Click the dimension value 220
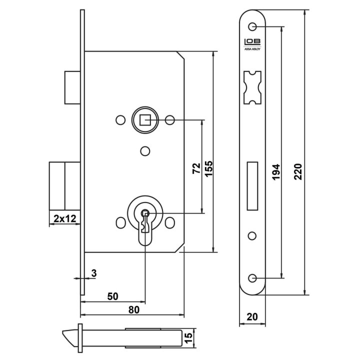(x=298, y=171)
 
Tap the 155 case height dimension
(x=209, y=169)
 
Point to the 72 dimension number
(x=196, y=168)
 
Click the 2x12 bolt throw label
(x=64, y=218)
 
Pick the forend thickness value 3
(x=94, y=273)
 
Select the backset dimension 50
(x=112, y=296)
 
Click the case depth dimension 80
(x=134, y=309)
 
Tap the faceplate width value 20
(x=252, y=317)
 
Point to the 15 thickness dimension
(x=188, y=338)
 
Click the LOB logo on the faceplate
(x=252, y=42)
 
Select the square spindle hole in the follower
(x=145, y=120)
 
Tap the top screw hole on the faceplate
(x=252, y=26)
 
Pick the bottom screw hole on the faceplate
(x=252, y=278)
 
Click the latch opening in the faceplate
(x=252, y=87)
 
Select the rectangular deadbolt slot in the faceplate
(x=252, y=186)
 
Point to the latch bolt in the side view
(x=72, y=87)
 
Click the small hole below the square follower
(x=145, y=151)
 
